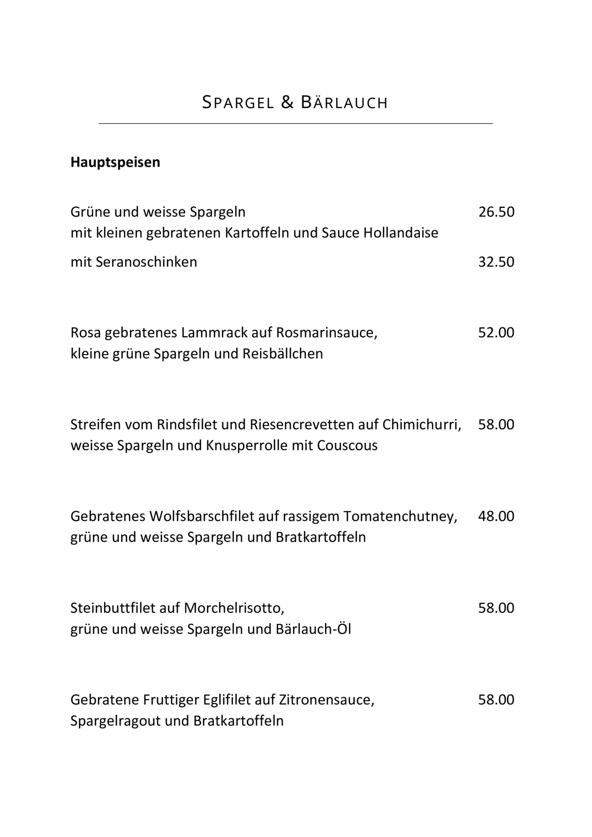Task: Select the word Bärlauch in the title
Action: click(x=344, y=103)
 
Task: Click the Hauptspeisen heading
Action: click(x=115, y=162)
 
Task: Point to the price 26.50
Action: click(x=496, y=212)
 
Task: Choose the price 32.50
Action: click(x=496, y=262)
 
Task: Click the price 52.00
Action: click(x=496, y=333)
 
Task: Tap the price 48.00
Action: click(x=496, y=516)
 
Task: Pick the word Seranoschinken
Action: click(x=146, y=262)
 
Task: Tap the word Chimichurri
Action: click(x=421, y=425)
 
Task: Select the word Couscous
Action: click(x=347, y=446)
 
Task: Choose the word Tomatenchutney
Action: click(x=400, y=516)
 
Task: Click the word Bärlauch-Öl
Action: click(x=313, y=629)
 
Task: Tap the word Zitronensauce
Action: click(x=326, y=700)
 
